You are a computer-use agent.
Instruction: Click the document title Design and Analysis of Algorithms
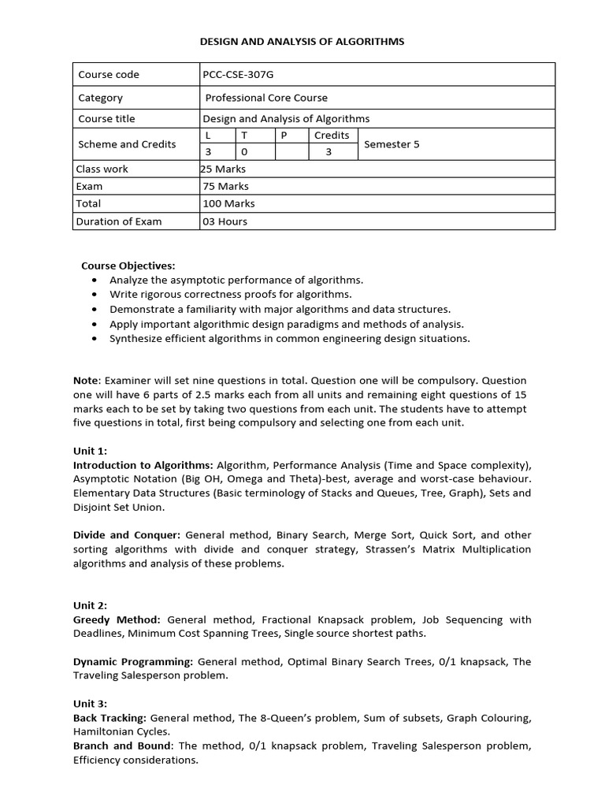point(302,41)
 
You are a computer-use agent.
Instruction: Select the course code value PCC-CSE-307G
point(240,74)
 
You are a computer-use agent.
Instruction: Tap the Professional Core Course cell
point(266,98)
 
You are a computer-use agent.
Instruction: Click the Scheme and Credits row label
point(127,144)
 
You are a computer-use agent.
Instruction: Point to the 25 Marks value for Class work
point(225,169)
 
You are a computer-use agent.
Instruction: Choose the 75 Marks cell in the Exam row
point(225,186)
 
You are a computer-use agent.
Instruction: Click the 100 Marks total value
point(228,203)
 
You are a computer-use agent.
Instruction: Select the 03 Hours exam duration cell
point(225,221)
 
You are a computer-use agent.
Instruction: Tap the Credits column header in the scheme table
point(332,135)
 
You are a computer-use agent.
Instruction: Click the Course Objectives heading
point(128,266)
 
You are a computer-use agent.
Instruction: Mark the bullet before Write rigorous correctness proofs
point(95,295)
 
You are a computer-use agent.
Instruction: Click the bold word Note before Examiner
point(86,381)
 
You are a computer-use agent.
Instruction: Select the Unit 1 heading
point(90,451)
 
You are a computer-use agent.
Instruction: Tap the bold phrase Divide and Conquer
point(127,534)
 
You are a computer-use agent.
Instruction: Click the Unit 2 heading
point(90,605)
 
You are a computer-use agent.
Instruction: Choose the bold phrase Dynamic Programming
point(133,661)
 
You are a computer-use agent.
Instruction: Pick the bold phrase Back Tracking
point(109,718)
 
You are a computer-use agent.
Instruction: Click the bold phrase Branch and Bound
point(122,746)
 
